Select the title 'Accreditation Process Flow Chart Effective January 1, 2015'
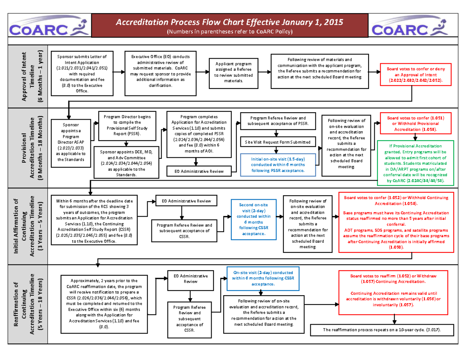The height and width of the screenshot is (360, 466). tap(230, 22)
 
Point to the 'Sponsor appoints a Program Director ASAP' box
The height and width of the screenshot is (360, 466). tap(68, 142)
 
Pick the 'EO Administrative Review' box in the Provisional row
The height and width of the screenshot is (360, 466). tap(200, 170)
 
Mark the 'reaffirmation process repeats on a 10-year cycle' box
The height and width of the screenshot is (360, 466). tap(382, 330)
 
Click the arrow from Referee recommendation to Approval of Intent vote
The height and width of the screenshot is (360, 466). tap(373, 72)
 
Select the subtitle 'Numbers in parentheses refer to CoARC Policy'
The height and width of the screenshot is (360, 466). tap(230, 31)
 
